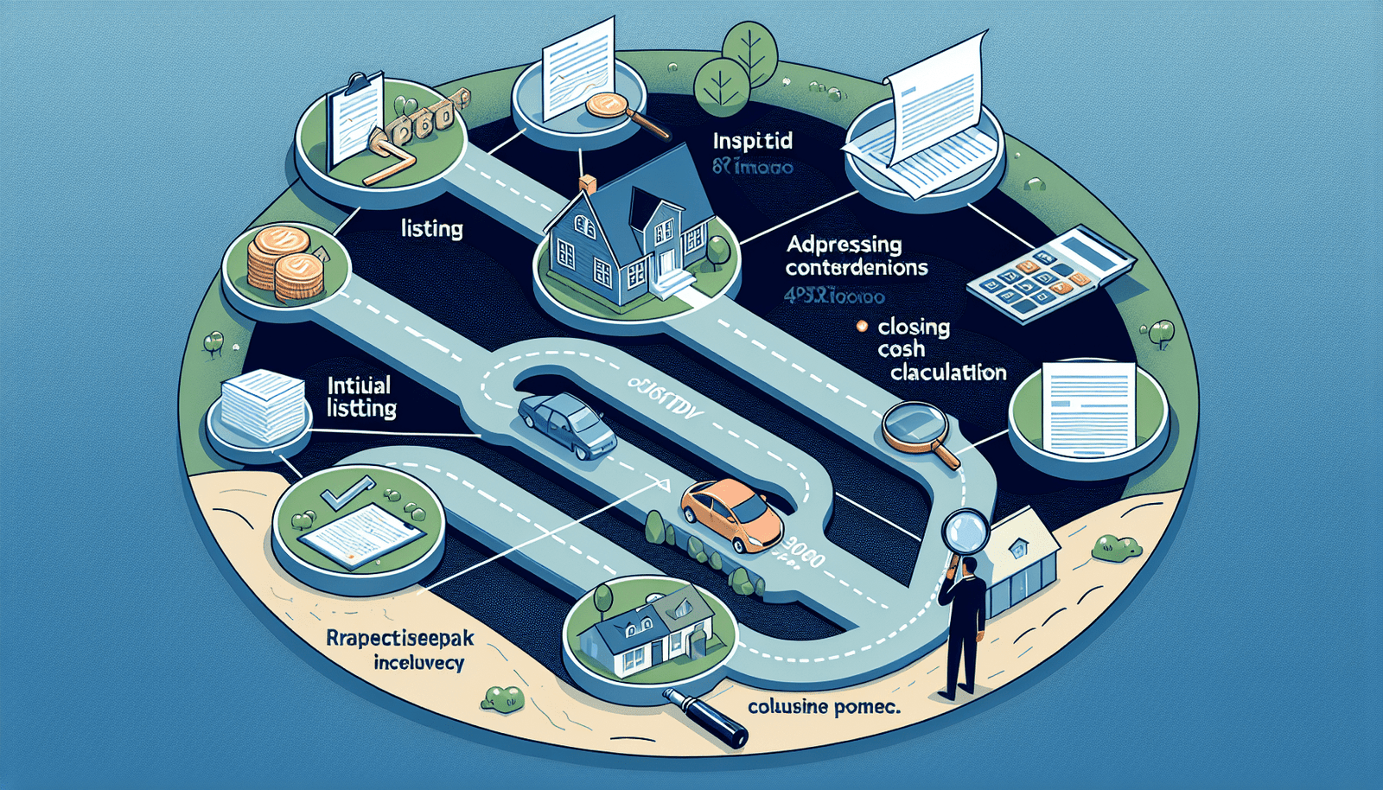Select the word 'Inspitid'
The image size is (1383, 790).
[x=752, y=141]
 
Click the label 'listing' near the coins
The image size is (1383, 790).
[x=431, y=229]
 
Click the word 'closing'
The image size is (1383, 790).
[x=914, y=328]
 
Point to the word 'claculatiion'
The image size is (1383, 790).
[x=948, y=373]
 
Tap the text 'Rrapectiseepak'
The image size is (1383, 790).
[x=400, y=640]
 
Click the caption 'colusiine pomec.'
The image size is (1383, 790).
[x=824, y=707]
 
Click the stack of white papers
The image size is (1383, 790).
[x=262, y=404]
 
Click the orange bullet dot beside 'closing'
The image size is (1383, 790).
[x=861, y=327]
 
